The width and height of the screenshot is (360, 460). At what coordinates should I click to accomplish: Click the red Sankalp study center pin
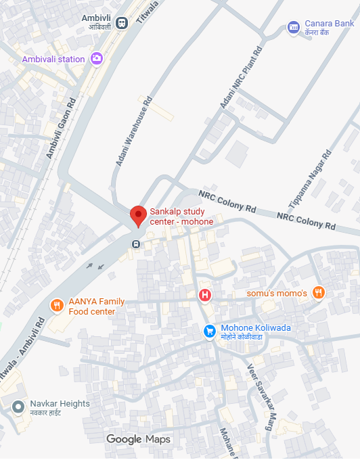(138, 216)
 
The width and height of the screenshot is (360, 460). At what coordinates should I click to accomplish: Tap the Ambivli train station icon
(122, 22)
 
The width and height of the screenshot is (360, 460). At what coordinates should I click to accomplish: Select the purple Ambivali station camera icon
(97, 59)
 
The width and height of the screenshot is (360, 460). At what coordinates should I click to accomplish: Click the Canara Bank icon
(293, 27)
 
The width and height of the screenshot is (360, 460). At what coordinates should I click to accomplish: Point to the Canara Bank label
(330, 28)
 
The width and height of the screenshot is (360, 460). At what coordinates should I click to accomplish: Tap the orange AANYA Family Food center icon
(57, 306)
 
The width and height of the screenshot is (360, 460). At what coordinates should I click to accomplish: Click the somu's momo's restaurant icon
(319, 293)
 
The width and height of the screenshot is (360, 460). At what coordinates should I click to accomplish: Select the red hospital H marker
(204, 295)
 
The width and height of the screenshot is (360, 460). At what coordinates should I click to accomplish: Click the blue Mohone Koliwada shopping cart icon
(210, 331)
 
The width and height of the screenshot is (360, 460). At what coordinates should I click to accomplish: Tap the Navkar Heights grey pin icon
(18, 407)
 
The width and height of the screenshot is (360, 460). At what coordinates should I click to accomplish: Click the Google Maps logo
(139, 440)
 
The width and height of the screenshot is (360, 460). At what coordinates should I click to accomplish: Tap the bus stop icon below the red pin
(136, 244)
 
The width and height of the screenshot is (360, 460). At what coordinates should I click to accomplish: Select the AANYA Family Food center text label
(96, 306)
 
